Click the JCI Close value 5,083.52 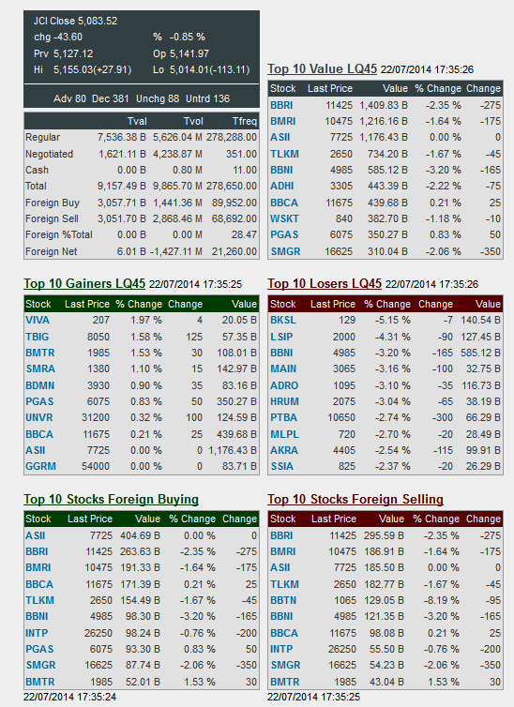click(98, 21)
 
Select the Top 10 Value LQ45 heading click(322, 69)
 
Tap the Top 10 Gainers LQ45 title click(84, 283)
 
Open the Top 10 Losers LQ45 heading click(325, 283)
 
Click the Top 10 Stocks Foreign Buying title click(112, 499)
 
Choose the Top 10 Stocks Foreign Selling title click(355, 499)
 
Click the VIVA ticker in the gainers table click(38, 320)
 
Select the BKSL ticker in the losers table click(282, 320)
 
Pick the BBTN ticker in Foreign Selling click(283, 600)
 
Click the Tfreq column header click(245, 121)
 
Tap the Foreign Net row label click(51, 251)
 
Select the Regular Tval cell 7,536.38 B click(122, 137)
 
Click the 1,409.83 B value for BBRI click(384, 105)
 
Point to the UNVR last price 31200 click(96, 417)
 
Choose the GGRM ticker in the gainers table click(40, 466)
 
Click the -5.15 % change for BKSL click(392, 320)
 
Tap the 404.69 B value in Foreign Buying click(140, 535)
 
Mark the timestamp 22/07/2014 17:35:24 click(70, 697)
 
